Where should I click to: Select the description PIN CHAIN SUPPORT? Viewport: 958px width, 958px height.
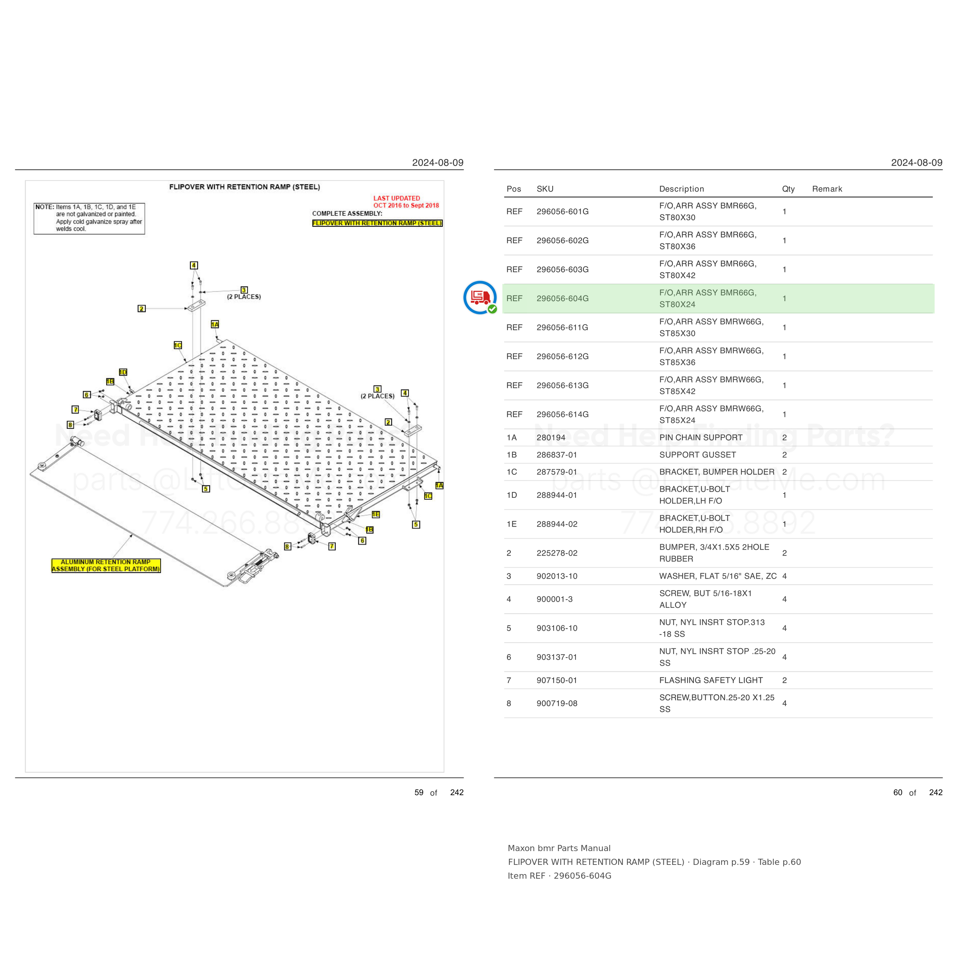(700, 437)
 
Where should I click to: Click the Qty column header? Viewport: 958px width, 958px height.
(788, 189)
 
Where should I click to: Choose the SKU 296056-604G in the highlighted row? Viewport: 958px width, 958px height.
(562, 299)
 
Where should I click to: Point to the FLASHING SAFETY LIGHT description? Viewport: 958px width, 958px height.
(710, 680)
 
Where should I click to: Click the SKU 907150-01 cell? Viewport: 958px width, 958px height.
(557, 680)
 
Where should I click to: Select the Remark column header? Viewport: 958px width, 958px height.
(827, 189)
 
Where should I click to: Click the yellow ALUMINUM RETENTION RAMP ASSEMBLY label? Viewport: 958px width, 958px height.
(106, 565)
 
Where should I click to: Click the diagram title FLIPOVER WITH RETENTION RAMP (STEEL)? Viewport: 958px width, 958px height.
(244, 187)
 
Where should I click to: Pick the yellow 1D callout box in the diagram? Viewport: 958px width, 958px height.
(123, 372)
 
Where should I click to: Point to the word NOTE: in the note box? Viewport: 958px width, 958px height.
(44, 207)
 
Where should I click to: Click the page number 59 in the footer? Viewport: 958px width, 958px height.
(419, 792)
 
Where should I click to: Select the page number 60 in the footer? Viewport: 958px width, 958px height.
(897, 792)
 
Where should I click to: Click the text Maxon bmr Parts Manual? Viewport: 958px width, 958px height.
(559, 848)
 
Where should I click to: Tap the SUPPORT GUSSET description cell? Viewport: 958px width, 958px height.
(697, 455)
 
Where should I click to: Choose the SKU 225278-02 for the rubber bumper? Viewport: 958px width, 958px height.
(557, 553)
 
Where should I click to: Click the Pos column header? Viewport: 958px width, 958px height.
(514, 189)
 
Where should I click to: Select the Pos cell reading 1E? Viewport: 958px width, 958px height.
(512, 524)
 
